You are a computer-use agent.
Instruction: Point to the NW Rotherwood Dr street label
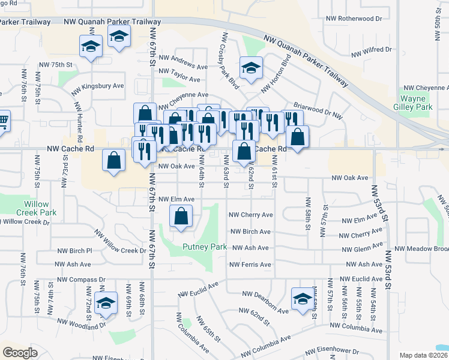pos(354,19)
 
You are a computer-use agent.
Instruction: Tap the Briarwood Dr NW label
pos(318,104)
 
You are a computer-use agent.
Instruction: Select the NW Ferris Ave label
pos(250,264)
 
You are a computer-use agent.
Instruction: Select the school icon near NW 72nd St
pos(106,304)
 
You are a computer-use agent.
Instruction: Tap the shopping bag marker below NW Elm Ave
pos(181,217)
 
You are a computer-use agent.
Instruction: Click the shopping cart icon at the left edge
pos(3,120)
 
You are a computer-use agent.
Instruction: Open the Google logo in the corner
pos(20,353)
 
